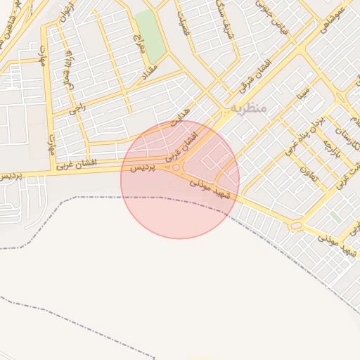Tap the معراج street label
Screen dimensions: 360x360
tap(139, 48)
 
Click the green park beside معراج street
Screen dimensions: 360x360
tap(150, 35)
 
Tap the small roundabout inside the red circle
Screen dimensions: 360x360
tap(176, 167)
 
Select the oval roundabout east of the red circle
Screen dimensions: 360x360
tap(296, 226)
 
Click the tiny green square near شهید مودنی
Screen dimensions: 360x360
tap(335, 218)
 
